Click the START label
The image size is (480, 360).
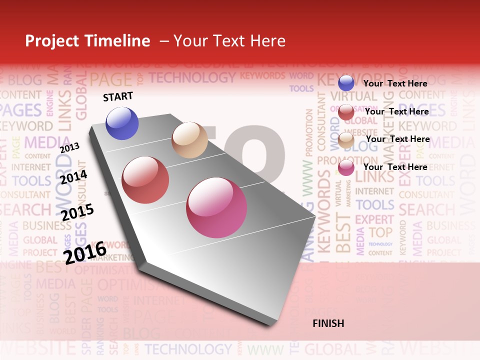(x=118, y=96)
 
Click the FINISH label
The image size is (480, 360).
(x=328, y=323)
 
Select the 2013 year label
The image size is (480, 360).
(x=69, y=147)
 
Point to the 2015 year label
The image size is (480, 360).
(x=77, y=212)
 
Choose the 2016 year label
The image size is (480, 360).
(x=85, y=252)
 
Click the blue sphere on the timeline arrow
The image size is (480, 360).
(x=122, y=123)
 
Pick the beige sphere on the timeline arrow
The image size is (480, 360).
(x=189, y=140)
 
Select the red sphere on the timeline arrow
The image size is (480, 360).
(x=145, y=179)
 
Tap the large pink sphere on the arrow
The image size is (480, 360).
(x=216, y=207)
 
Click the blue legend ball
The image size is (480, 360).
(x=346, y=83)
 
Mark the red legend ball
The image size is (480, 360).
(x=346, y=112)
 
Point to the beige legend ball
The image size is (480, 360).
(x=346, y=140)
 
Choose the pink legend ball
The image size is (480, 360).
(x=346, y=167)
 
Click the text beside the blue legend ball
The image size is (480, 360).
(x=395, y=83)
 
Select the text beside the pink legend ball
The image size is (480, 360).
(x=395, y=167)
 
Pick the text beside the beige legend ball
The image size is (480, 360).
(x=398, y=139)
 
